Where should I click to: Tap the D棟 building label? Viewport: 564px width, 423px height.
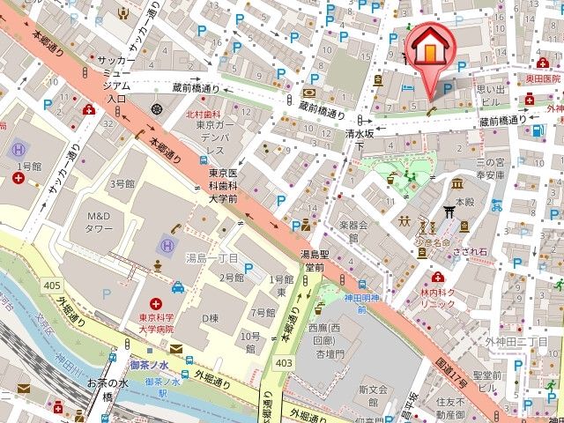click(210, 316)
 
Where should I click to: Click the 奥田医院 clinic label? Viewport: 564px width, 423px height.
click(544, 78)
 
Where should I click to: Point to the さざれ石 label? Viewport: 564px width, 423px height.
click(468, 251)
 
